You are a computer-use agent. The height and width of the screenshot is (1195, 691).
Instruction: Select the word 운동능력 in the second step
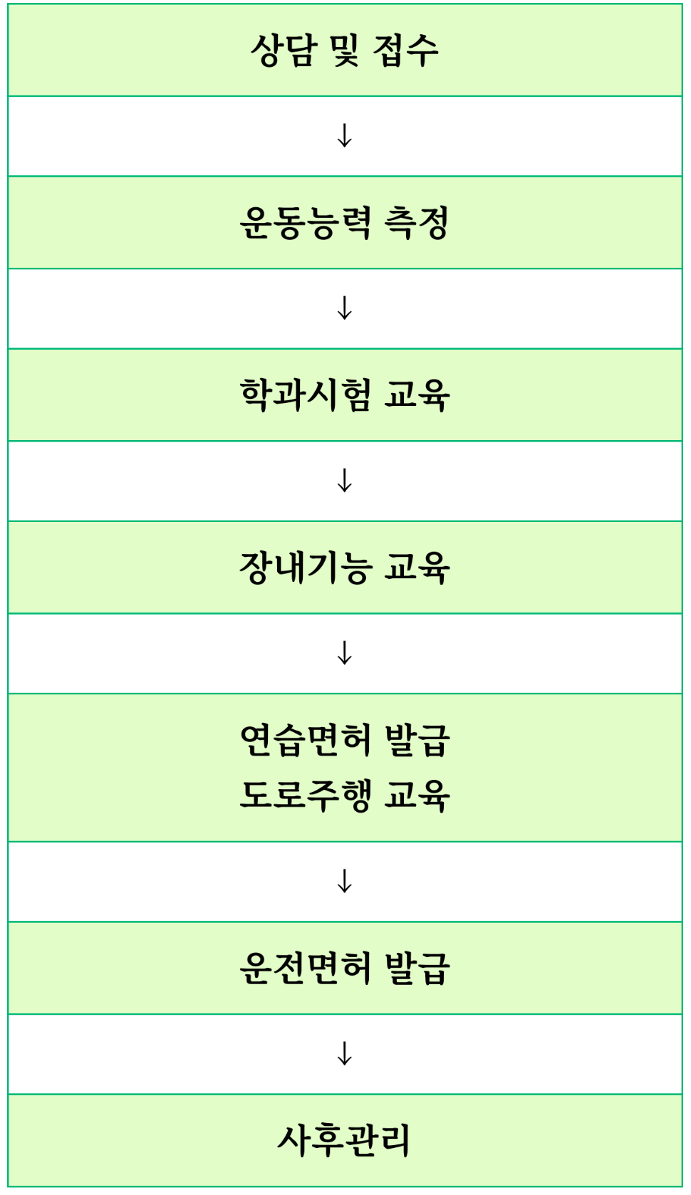tap(305, 223)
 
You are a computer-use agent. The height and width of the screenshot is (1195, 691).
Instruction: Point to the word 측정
tap(417, 223)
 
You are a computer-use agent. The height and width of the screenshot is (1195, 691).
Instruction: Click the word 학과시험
tap(305, 395)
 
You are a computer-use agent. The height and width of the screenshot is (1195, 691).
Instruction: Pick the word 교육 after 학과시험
tap(417, 395)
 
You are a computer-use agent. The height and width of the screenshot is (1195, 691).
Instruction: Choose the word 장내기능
tap(305, 568)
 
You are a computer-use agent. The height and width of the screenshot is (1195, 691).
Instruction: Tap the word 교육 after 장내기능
tap(417, 568)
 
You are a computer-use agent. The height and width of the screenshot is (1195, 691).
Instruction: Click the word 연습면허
tap(305, 741)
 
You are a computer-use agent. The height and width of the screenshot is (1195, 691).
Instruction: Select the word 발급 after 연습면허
tap(417, 741)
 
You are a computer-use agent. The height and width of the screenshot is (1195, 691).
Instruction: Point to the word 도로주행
tap(305, 795)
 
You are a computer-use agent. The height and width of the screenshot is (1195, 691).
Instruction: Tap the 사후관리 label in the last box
tap(344, 1140)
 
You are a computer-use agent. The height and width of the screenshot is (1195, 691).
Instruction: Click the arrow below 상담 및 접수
tap(345, 135)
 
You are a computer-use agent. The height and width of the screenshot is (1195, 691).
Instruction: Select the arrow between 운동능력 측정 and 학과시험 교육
tap(345, 308)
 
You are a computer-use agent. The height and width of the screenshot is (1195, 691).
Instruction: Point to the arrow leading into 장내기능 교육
tap(345, 481)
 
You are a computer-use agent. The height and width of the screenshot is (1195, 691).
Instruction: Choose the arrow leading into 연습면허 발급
tap(345, 653)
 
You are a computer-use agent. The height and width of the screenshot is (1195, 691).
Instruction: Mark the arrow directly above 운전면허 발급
tap(345, 882)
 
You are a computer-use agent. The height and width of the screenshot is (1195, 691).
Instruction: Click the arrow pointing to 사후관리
tap(345, 1054)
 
